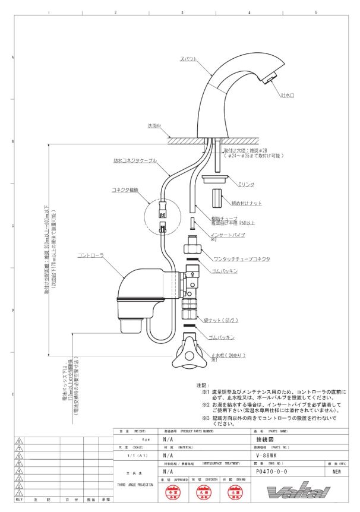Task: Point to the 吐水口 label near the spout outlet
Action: (289, 94)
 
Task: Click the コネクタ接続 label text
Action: (125, 190)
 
